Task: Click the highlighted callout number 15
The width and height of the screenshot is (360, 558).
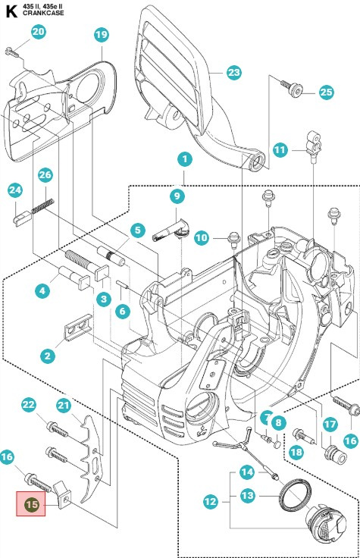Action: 31,504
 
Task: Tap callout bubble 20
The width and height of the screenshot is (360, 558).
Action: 39,32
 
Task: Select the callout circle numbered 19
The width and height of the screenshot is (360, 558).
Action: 102,35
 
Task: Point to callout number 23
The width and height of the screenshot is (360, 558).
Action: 233,73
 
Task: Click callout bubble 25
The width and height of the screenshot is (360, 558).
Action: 326,92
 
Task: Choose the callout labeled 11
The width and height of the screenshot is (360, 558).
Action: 280,150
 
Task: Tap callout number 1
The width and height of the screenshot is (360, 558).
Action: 185,159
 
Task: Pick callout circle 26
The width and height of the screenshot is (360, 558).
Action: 45,174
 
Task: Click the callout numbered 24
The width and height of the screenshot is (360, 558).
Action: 15,190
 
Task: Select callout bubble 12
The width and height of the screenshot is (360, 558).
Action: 211,501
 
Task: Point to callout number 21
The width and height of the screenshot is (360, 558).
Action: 64,406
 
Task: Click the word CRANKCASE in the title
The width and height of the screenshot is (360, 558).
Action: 43,13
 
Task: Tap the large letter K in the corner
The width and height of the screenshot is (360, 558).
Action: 11,11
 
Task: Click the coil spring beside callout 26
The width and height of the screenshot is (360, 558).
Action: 42,206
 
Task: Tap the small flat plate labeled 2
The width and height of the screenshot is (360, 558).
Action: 78,327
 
